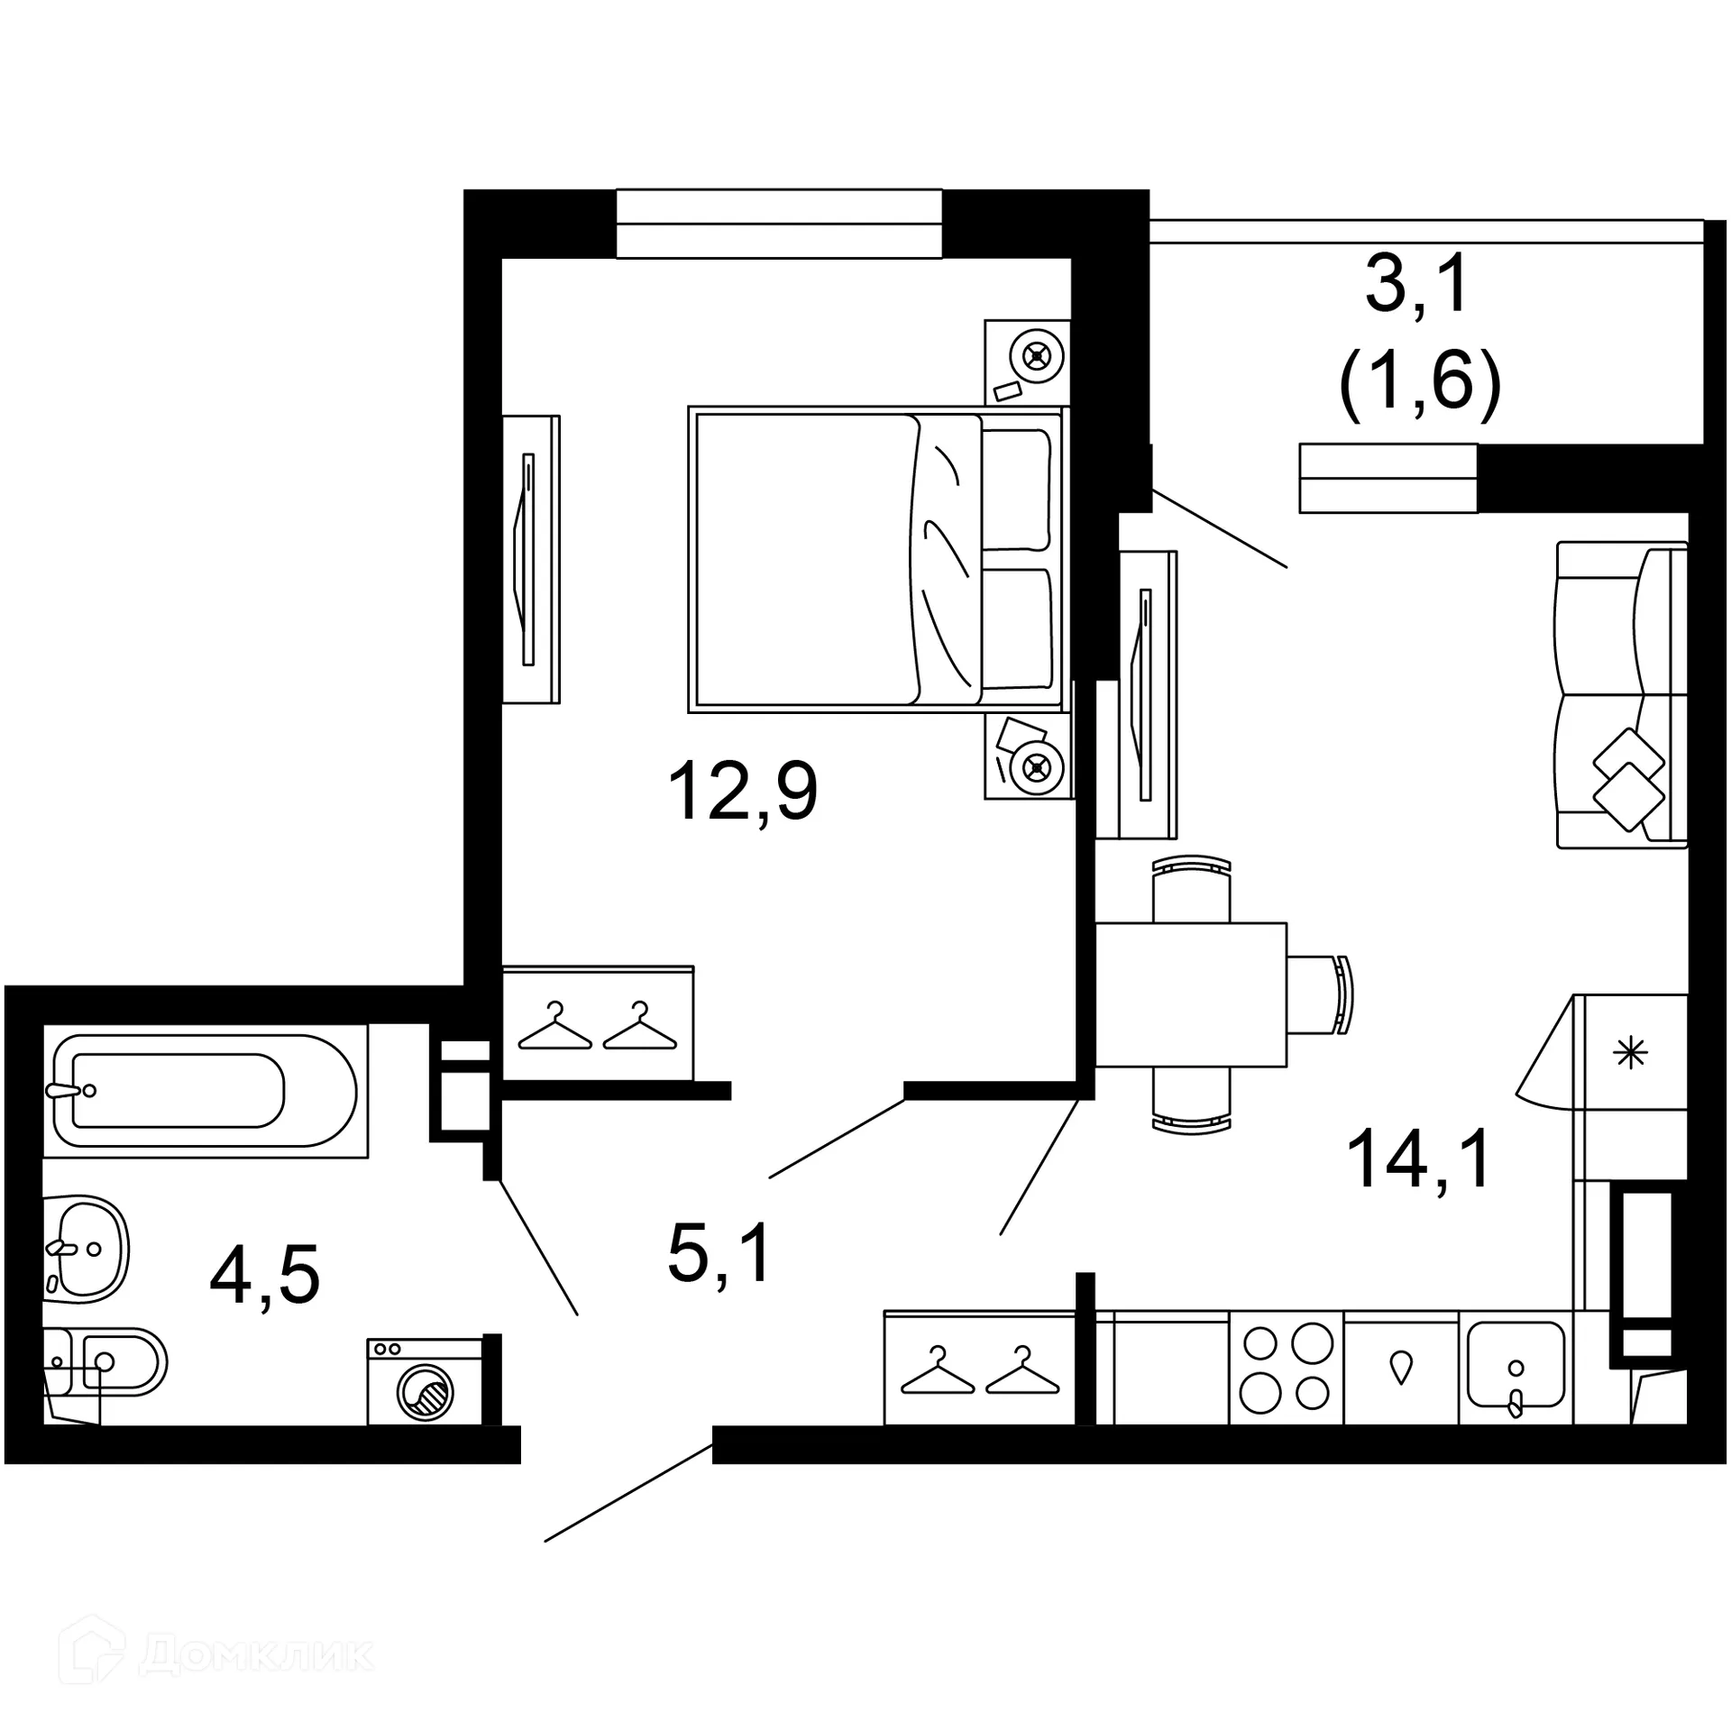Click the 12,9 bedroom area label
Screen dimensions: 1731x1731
click(x=743, y=791)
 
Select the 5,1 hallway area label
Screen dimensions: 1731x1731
click(x=719, y=1254)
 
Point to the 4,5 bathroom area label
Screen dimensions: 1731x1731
click(x=264, y=1277)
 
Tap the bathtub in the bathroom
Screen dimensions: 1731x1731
click(x=205, y=1091)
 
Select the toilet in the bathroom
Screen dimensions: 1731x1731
click(x=108, y=1362)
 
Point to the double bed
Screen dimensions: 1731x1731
click(x=875, y=560)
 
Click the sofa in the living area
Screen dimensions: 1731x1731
click(x=1621, y=694)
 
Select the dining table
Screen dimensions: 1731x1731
click(x=1190, y=994)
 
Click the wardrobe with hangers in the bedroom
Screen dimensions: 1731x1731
click(x=598, y=1025)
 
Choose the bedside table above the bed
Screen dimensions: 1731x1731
click(x=1027, y=362)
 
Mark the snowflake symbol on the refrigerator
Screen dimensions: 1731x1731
click(x=1630, y=1052)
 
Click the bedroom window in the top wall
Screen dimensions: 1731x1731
click(x=779, y=224)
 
